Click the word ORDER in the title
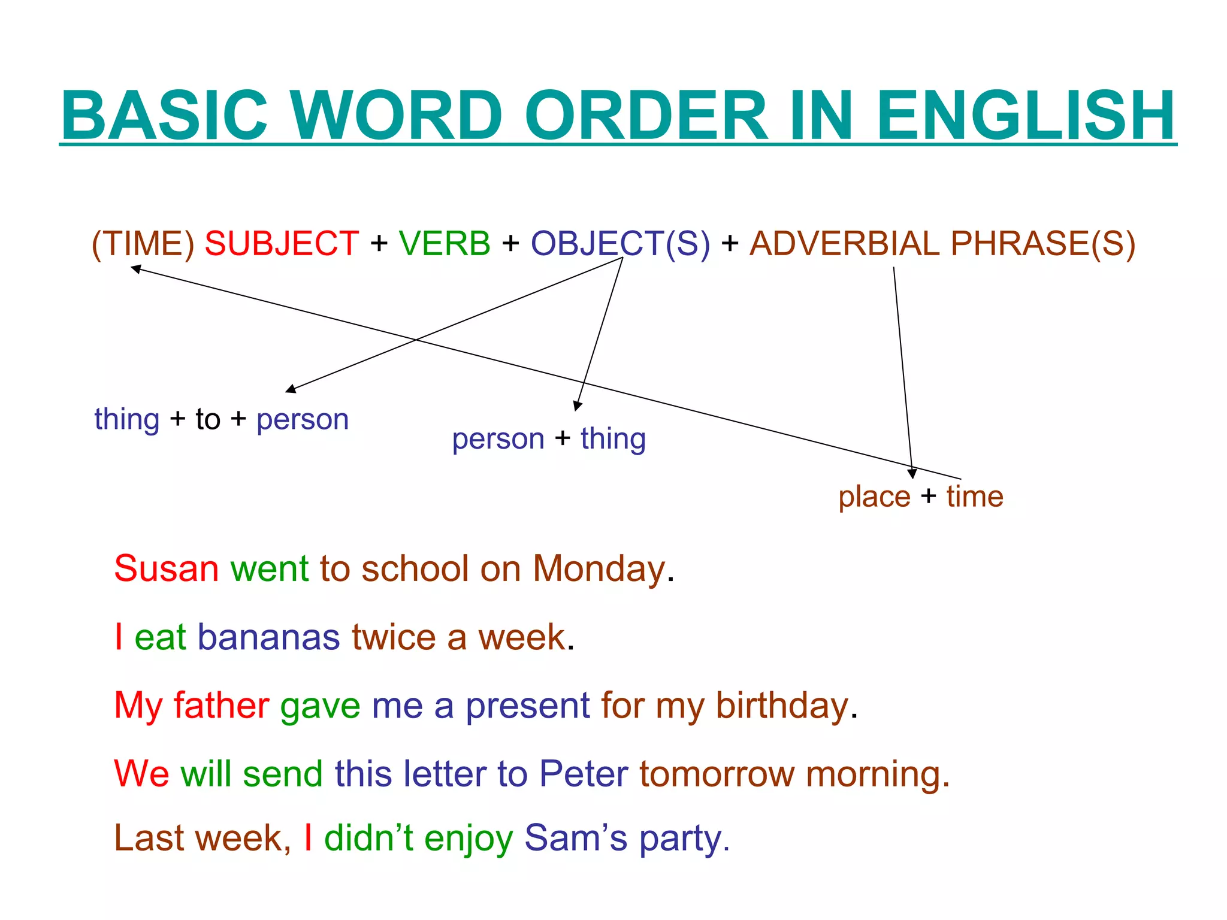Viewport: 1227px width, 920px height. click(646, 115)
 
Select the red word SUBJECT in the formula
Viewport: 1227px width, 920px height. click(282, 244)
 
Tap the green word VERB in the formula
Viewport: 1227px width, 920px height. click(445, 244)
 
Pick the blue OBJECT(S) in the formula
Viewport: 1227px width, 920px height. click(620, 244)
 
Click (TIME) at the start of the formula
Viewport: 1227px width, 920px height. click(143, 244)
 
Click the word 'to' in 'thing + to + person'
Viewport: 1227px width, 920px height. click(208, 419)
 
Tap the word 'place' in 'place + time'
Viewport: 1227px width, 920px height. click(874, 497)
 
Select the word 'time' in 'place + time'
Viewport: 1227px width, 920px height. click(975, 497)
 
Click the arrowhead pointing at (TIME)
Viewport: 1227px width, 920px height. click(136, 269)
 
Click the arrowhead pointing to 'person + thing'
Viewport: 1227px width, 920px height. click(577, 406)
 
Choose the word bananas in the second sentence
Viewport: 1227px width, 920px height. click(268, 637)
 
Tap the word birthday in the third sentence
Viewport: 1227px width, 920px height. click(782, 706)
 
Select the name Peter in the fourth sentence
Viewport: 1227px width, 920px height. click(584, 773)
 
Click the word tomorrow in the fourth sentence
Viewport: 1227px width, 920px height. click(717, 773)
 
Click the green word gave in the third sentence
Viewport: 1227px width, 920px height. click(320, 706)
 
